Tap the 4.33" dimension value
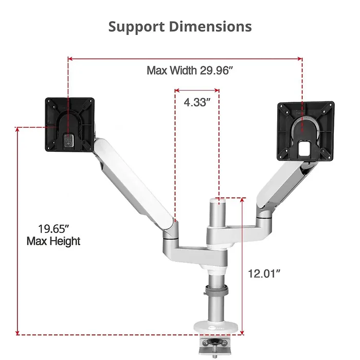[197, 102]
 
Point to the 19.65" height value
[53, 228]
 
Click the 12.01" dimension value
[264, 274]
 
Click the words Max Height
[53, 241]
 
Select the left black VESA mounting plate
[69, 125]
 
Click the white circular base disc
[216, 326]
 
